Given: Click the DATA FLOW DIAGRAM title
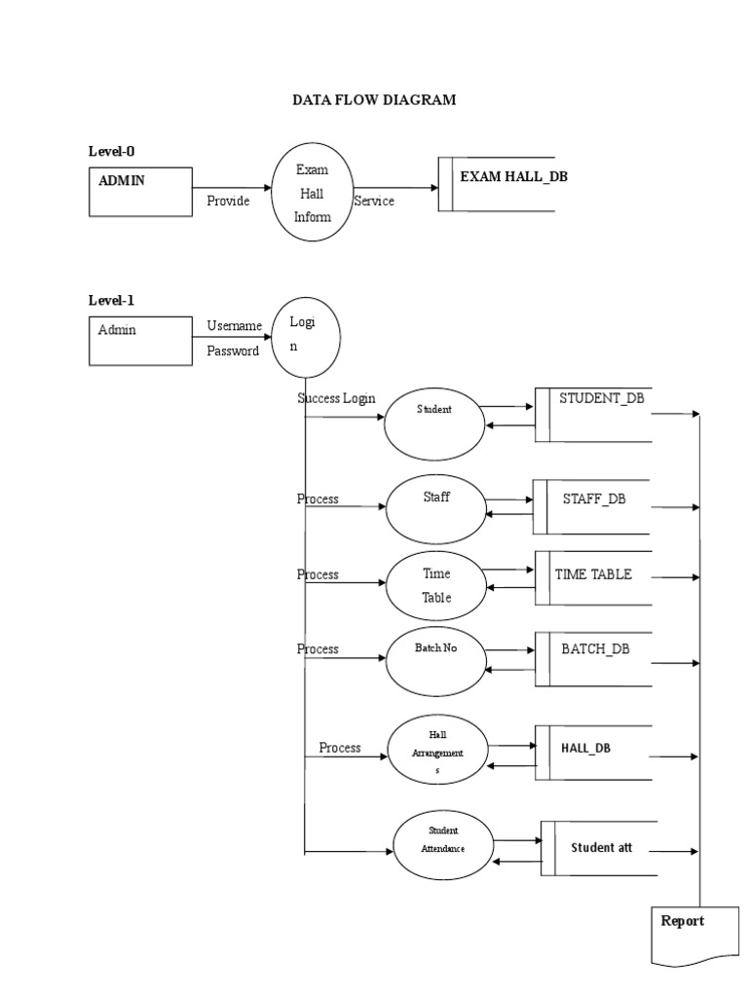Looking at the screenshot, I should (374, 100).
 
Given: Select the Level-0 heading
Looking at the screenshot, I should (112, 151).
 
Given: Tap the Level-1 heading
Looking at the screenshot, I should (112, 301).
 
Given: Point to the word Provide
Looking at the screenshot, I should (228, 202).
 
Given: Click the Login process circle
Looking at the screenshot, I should (306, 338).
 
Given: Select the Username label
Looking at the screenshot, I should (234, 325).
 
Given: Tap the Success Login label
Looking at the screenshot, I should (336, 399).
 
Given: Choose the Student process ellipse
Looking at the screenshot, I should (434, 421).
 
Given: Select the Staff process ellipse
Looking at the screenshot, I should (435, 508).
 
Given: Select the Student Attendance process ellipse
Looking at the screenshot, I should (443, 844).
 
